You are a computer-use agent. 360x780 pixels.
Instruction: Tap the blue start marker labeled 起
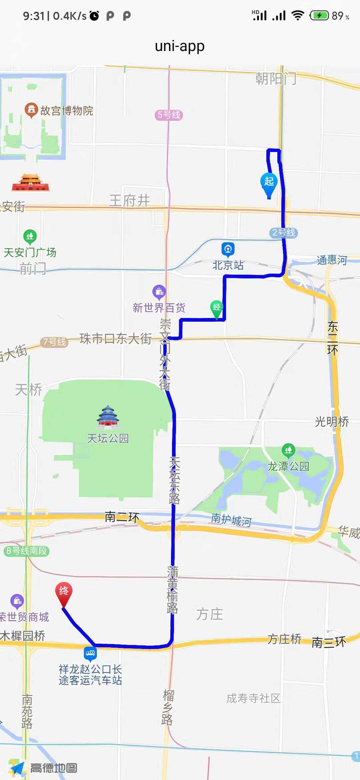click(x=269, y=183)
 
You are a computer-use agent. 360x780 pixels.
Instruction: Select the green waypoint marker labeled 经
click(x=217, y=308)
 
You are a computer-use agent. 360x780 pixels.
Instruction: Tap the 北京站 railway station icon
click(x=228, y=249)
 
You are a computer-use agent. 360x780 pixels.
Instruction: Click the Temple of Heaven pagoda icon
click(x=108, y=416)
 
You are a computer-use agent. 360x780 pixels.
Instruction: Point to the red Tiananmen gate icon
click(x=30, y=183)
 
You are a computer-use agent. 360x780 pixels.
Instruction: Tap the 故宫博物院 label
click(x=67, y=111)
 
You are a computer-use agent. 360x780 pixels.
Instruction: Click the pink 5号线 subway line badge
click(x=169, y=115)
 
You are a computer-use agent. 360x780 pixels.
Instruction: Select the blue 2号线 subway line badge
click(x=283, y=233)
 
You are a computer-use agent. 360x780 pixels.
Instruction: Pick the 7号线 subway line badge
click(x=54, y=342)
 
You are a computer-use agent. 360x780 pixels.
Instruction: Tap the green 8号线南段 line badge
click(x=27, y=551)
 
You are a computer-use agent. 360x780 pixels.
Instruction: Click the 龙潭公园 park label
click(x=289, y=466)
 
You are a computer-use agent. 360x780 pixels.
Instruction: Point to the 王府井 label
click(x=130, y=201)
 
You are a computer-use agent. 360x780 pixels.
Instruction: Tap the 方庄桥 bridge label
click(x=284, y=639)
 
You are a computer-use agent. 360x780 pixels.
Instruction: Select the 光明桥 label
click(x=332, y=422)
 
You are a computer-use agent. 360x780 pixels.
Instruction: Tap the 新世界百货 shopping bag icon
click(x=159, y=291)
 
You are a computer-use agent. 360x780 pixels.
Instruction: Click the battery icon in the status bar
click(x=319, y=15)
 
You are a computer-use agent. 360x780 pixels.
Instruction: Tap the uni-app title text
click(x=180, y=46)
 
